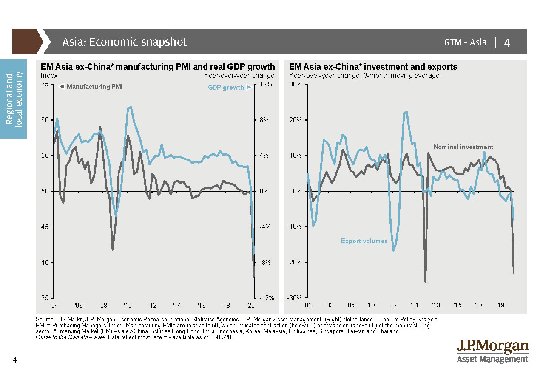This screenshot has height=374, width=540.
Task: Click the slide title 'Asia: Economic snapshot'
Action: pyautogui.click(x=124, y=42)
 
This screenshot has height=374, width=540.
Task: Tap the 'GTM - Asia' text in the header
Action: pyautogui.click(x=465, y=42)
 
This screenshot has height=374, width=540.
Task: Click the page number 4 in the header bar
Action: pyautogui.click(x=507, y=42)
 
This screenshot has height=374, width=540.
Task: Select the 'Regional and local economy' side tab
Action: pyautogui.click(x=14, y=99)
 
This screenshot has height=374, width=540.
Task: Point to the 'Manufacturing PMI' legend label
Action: pyautogui.click(x=94, y=87)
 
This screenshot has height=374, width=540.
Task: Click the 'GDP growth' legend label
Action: pyautogui.click(x=226, y=88)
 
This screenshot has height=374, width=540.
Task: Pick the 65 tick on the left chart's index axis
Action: pyautogui.click(x=45, y=84)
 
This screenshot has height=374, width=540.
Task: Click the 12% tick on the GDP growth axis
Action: pyautogui.click(x=264, y=84)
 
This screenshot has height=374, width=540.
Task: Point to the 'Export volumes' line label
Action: pyautogui.click(x=364, y=241)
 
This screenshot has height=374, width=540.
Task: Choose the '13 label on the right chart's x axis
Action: pyautogui.click(x=436, y=305)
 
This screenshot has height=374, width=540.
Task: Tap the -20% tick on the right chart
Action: pyautogui.click(x=295, y=262)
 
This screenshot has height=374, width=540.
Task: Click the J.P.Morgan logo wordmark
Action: pyautogui.click(x=492, y=346)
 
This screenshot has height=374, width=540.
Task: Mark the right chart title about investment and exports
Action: pyautogui.click(x=373, y=67)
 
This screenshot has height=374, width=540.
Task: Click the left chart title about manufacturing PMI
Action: pyautogui.click(x=158, y=67)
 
